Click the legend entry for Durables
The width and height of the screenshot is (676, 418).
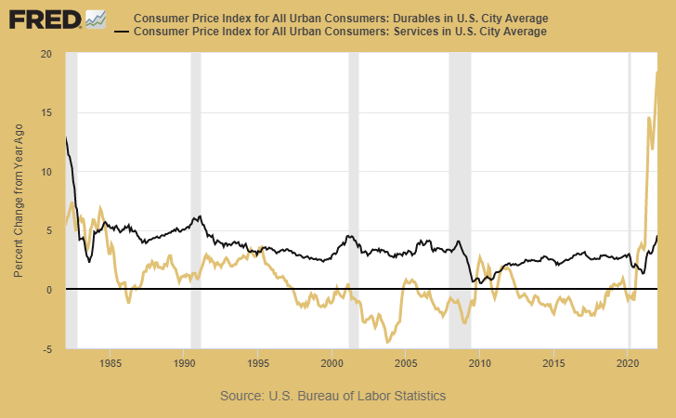pyautogui.click(x=340, y=19)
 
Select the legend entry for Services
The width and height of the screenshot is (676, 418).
pyautogui.click(x=340, y=33)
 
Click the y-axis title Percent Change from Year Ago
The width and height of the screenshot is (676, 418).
pyautogui.click(x=19, y=201)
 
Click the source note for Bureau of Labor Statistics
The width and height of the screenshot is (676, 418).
pyautogui.click(x=333, y=396)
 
